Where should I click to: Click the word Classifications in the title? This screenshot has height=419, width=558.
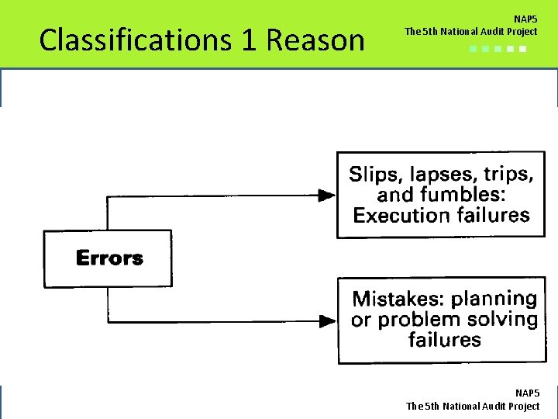136,40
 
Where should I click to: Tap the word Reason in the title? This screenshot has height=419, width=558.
315,40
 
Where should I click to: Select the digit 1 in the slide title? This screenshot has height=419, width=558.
248,40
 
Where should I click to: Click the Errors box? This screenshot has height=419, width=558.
108,258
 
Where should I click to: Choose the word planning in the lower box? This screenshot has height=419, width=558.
494,299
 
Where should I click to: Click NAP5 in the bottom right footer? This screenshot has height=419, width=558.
527,393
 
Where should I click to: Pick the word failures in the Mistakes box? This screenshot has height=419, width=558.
444,340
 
